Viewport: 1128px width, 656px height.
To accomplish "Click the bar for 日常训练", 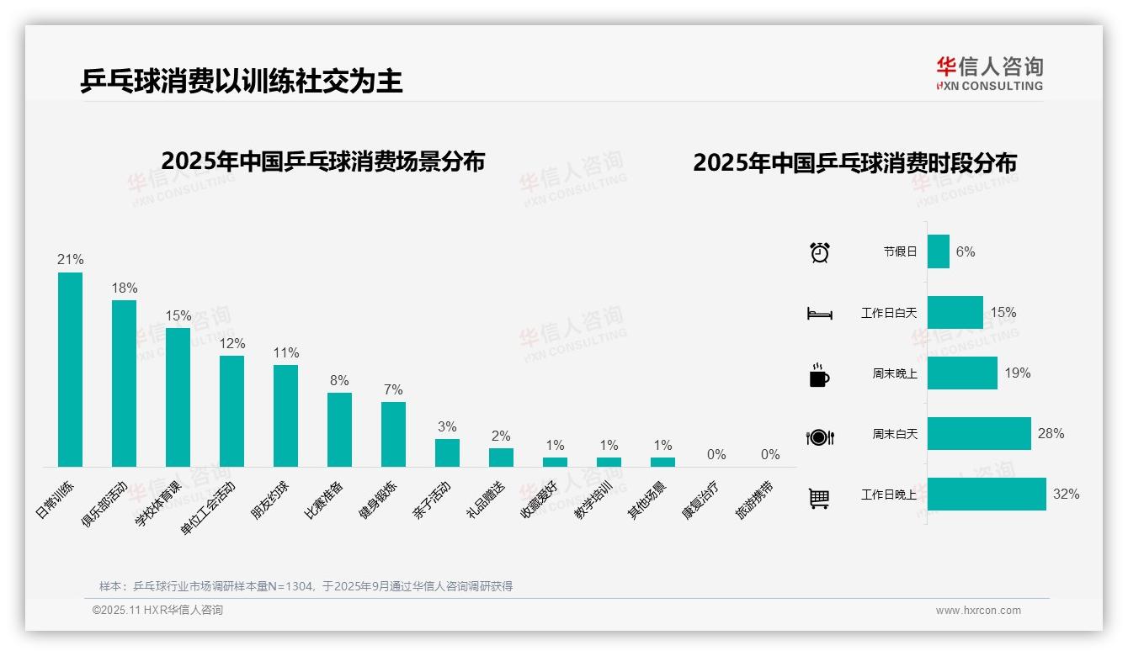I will [x=70, y=369].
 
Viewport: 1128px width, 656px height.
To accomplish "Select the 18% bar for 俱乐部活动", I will [x=124, y=384].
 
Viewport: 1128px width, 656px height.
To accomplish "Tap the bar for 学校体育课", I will [x=178, y=397].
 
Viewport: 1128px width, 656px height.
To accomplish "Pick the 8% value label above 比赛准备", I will [x=339, y=381].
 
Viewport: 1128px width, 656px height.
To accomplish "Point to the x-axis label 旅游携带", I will [x=755, y=500].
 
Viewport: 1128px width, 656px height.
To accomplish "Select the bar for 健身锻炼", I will [x=393, y=434].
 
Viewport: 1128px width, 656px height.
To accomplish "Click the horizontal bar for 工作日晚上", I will [x=987, y=495].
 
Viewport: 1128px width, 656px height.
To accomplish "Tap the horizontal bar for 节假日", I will [x=939, y=251].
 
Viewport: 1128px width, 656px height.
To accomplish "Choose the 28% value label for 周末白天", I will [x=1051, y=434].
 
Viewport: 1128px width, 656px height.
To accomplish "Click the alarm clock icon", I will [x=820, y=252].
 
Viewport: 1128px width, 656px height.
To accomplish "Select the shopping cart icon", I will [x=819, y=499].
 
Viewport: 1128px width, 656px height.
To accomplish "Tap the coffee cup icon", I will [x=819, y=375].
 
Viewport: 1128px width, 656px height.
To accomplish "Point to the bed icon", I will [x=819, y=314].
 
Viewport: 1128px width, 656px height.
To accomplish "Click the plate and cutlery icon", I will [x=819, y=437].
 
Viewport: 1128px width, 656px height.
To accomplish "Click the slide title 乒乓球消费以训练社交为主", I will [x=242, y=81].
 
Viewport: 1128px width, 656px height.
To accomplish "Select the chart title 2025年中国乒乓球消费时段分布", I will [x=854, y=162].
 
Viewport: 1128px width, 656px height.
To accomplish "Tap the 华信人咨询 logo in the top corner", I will [x=989, y=73].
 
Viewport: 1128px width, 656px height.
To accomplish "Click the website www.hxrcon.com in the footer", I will [x=978, y=611].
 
